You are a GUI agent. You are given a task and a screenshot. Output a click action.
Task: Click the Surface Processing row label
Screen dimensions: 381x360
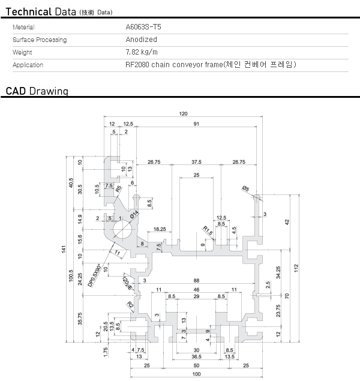pos(40,40)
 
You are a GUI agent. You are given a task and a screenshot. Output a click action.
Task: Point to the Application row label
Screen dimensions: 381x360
pos(28,65)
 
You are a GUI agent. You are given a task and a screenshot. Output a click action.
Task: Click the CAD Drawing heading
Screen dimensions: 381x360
pos(37,91)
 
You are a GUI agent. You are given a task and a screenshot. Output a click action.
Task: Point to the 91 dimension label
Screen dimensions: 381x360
pos(197,124)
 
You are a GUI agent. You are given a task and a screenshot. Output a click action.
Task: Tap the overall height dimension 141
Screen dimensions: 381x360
pos(64,250)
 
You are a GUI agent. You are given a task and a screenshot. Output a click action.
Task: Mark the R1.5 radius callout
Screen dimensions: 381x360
pos(208,230)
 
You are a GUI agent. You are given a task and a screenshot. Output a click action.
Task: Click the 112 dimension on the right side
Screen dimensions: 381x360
pos(296,268)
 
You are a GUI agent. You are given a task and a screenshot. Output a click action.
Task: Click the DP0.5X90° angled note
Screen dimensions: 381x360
pos(96,274)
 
